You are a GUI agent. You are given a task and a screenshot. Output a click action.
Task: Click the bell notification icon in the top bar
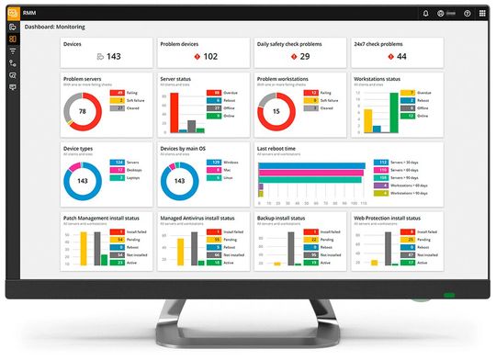tap(425, 14)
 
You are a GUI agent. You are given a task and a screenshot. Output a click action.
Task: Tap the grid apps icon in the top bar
tap(481, 14)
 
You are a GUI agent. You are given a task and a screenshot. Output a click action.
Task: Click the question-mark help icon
tap(468, 14)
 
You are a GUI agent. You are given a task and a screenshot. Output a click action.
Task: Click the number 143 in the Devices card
tap(114, 56)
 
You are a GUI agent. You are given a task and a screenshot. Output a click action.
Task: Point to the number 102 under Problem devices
tap(210, 56)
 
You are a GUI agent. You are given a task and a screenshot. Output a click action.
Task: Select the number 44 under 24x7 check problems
tap(402, 56)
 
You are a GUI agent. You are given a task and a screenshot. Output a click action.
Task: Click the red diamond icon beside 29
tap(294, 56)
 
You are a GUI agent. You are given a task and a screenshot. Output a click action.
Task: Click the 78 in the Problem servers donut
tap(84, 111)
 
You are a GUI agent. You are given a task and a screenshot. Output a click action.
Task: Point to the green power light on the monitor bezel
tap(449, 296)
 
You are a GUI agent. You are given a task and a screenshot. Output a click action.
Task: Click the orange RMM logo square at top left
tap(12, 13)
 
